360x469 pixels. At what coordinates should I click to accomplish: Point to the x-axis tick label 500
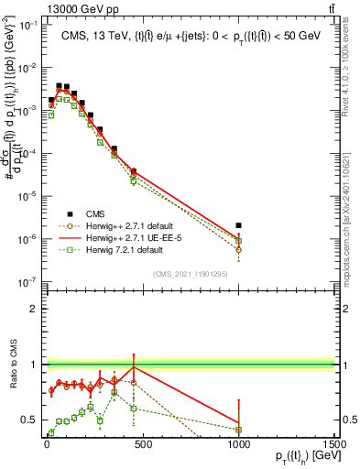coord(143,445)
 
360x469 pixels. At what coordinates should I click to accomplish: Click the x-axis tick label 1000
coord(238,445)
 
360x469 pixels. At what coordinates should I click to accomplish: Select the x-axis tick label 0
coord(47,445)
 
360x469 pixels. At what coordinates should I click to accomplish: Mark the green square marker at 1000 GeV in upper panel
coord(238,241)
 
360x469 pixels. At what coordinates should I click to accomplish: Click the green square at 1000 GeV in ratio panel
coord(238,429)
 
